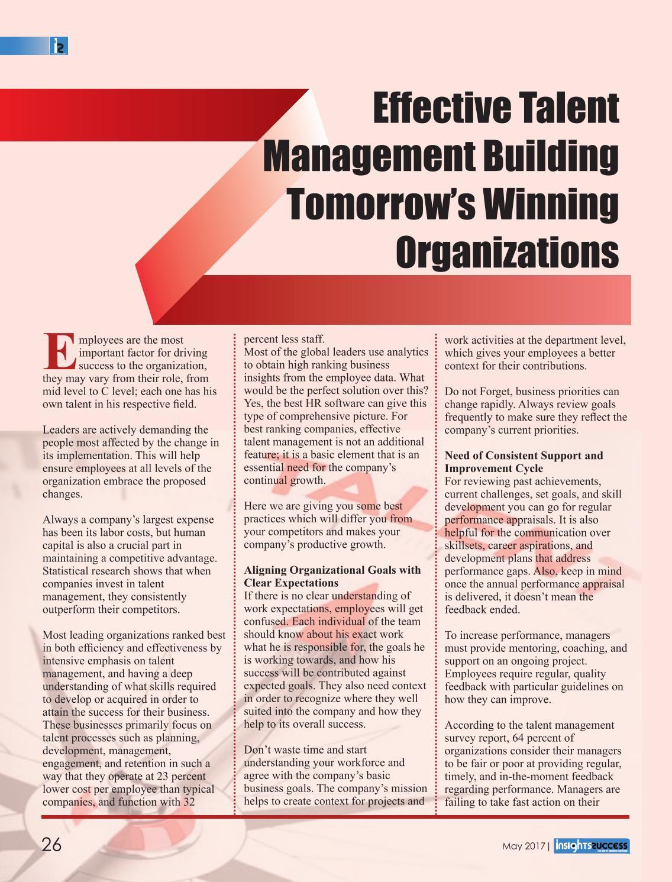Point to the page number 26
point(51,845)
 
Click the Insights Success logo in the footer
point(592,847)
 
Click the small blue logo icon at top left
point(59,46)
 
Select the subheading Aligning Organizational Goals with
point(332,570)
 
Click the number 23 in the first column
point(163,776)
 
